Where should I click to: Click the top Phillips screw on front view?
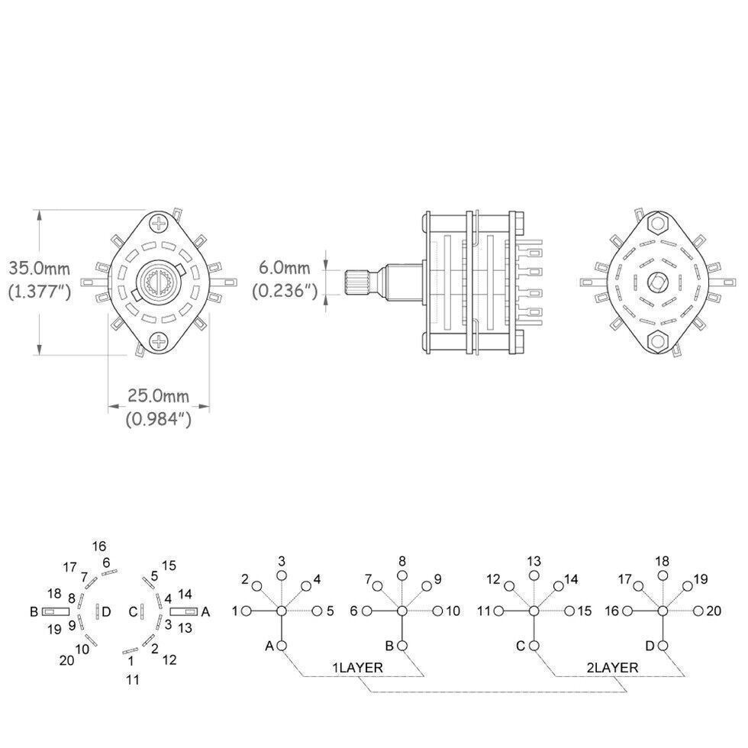point(159,224)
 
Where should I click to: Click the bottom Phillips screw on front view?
point(159,340)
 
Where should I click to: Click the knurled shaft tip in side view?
point(357,282)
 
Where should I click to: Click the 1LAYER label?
point(357,667)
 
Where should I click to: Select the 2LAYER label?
point(613,667)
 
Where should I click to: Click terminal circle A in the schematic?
point(282,646)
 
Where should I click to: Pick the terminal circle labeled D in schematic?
point(663,646)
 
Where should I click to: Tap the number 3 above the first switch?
point(282,561)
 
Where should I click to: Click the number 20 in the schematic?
point(714,610)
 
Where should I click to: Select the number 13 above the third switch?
point(534,561)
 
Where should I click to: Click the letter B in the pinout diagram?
point(34,611)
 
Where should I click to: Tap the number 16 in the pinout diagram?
point(99,546)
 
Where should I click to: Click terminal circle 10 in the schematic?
point(439,611)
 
